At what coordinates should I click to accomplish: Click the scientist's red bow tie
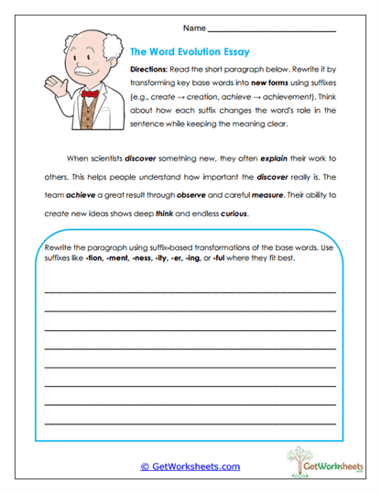coord(90,93)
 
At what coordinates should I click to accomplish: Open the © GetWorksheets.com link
coord(190,467)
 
